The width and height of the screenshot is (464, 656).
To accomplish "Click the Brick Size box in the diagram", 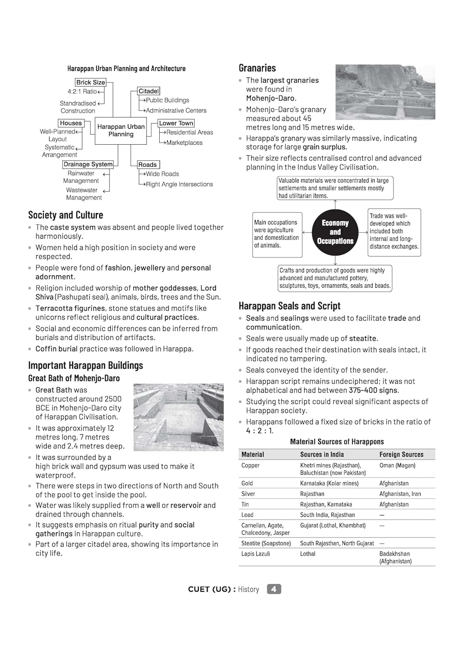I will pyautogui.click(x=91, y=82).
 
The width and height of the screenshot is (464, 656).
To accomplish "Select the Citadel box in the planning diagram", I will pyautogui.click(x=149, y=91).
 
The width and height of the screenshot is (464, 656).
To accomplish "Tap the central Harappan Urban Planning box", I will pyautogui.click(x=121, y=130).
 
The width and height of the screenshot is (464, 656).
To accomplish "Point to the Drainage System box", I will pyautogui.click(x=88, y=164).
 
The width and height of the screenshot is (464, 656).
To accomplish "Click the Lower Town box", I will pyautogui.click(x=176, y=123).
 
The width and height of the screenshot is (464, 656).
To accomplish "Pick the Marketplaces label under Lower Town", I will pyautogui.click(x=184, y=143).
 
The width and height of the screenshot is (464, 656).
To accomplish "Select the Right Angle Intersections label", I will pyautogui.click(x=179, y=184).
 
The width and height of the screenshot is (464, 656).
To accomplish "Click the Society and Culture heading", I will pyautogui.click(x=66, y=215).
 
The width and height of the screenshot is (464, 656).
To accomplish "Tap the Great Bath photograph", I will pyautogui.click(x=178, y=417).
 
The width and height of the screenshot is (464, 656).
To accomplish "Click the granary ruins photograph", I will pyautogui.click(x=385, y=92).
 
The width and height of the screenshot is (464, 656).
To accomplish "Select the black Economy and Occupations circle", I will pyautogui.click(x=335, y=232).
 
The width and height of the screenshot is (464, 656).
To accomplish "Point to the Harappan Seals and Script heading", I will pyautogui.click(x=289, y=306).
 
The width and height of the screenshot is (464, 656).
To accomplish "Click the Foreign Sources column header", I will pyautogui.click(x=401, y=454).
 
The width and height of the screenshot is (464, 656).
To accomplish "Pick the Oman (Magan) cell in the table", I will pyautogui.click(x=397, y=465).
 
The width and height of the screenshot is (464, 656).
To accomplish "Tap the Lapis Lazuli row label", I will pyautogui.click(x=256, y=554).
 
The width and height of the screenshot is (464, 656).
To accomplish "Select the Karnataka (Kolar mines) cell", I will pyautogui.click(x=329, y=483).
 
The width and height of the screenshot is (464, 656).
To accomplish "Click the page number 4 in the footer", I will pyautogui.click(x=274, y=589).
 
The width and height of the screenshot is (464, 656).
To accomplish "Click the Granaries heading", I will pyautogui.click(x=257, y=68).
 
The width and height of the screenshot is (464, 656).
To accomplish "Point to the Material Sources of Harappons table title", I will pyautogui.click(x=337, y=442).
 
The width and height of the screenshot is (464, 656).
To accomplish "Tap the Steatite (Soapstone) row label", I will pyautogui.click(x=266, y=543).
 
